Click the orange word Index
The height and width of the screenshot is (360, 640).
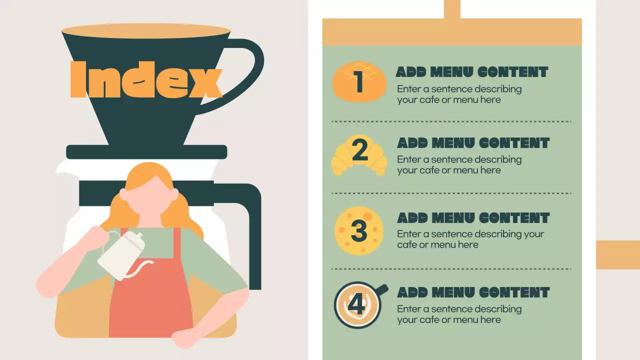146,79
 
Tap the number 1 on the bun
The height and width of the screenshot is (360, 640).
359,82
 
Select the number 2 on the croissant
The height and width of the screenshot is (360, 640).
359,151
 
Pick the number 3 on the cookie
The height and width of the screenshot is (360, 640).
358,230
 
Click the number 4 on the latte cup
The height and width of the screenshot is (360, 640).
356,304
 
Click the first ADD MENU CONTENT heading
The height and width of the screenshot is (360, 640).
472,72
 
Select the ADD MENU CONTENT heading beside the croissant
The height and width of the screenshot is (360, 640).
473,143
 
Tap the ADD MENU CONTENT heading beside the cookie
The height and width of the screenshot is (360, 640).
473,218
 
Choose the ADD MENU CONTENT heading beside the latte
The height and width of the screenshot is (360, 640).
473,292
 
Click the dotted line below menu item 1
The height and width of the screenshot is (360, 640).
451,121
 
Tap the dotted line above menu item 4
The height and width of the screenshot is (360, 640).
451,268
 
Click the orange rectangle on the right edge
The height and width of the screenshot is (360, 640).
617,254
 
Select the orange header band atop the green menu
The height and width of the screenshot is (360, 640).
451,32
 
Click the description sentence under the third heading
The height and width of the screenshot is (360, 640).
470,239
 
